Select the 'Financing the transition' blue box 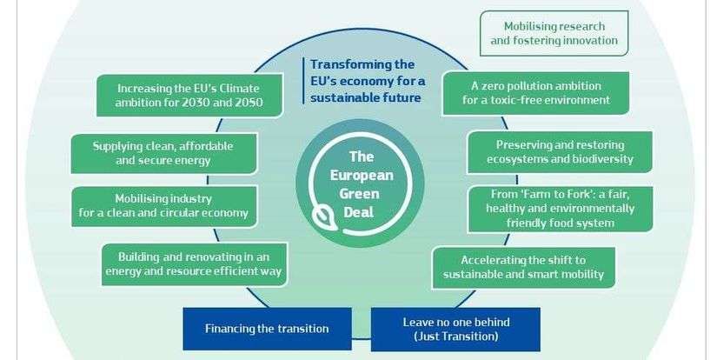[x=267, y=329]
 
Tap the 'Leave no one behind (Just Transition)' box [x=455, y=329]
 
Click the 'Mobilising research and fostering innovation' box [x=554, y=33]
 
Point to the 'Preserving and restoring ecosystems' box [x=560, y=152]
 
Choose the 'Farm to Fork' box [x=559, y=210]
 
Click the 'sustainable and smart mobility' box [x=522, y=268]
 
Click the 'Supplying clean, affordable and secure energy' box [x=163, y=153]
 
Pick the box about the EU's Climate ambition [x=190, y=96]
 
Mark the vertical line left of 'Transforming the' [x=303, y=81]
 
